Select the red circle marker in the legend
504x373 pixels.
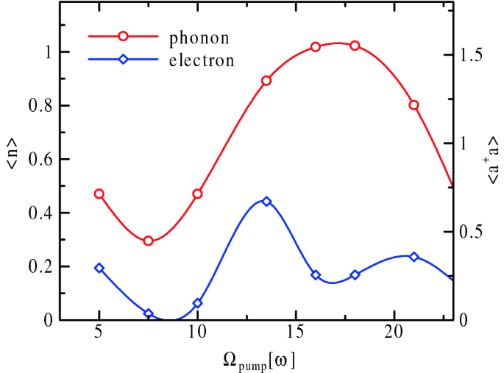[124, 36]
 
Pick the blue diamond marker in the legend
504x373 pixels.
[124, 60]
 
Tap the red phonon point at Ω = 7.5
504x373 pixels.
[148, 241]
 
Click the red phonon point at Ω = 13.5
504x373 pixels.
[266, 80]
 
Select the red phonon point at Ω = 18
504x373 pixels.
[355, 46]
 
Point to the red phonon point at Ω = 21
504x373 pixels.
[414, 105]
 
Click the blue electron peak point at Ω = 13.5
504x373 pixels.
[266, 201]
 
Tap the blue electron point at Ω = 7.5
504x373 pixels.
[148, 313]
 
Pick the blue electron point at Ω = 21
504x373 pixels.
[414, 257]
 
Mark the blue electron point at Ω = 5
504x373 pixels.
[99, 268]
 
